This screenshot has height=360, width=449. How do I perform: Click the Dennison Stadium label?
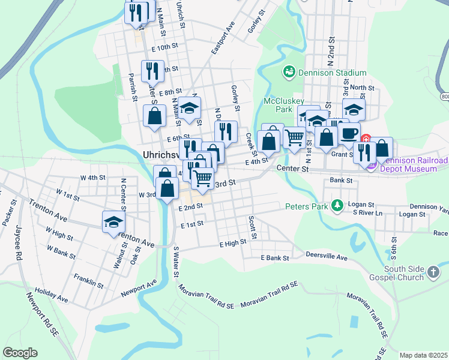click(332, 73)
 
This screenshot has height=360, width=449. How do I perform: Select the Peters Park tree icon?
click(337, 206)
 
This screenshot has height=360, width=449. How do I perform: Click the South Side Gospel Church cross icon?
click(434, 274)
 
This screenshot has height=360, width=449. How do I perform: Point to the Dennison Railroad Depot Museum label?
click(414, 164)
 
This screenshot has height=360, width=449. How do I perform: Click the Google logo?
click(20, 353)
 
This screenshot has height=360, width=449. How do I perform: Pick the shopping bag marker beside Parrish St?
click(154, 117)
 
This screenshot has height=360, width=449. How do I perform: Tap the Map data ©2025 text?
click(424, 355)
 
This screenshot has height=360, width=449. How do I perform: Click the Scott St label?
click(253, 227)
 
